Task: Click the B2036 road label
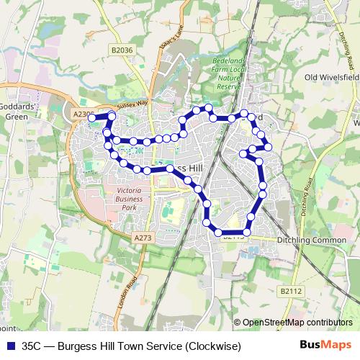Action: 124,50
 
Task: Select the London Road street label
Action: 133,274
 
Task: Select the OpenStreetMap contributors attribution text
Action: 297,323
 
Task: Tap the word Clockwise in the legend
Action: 211,346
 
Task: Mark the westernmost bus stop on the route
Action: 92,117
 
